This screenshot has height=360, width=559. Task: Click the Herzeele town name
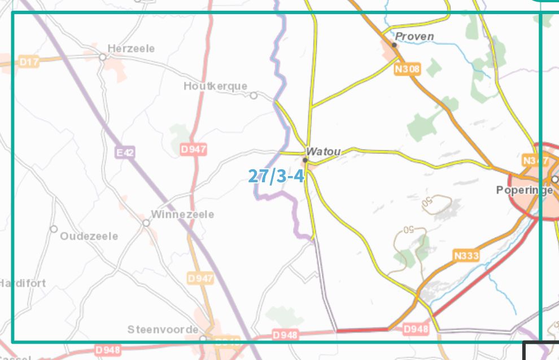(x=130, y=49)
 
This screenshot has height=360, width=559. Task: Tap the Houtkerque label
(x=215, y=86)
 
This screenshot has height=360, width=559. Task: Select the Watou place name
(x=323, y=152)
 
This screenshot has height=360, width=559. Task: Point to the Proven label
(x=414, y=37)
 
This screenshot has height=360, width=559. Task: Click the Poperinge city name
(x=524, y=190)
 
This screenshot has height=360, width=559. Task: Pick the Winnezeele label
(x=182, y=215)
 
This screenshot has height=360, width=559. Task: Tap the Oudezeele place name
(x=89, y=236)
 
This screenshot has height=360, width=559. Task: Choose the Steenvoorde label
(x=163, y=330)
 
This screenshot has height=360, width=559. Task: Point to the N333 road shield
(x=466, y=256)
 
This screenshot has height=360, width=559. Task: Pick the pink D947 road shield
(x=194, y=150)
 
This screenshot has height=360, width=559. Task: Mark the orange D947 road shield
(x=200, y=279)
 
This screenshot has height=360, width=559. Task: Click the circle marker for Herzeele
(x=103, y=57)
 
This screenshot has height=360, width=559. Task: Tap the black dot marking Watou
(x=305, y=160)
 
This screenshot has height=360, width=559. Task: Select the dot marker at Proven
(x=394, y=45)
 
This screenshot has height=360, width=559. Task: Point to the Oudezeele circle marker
(x=54, y=229)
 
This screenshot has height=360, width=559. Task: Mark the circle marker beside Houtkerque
(x=254, y=96)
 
